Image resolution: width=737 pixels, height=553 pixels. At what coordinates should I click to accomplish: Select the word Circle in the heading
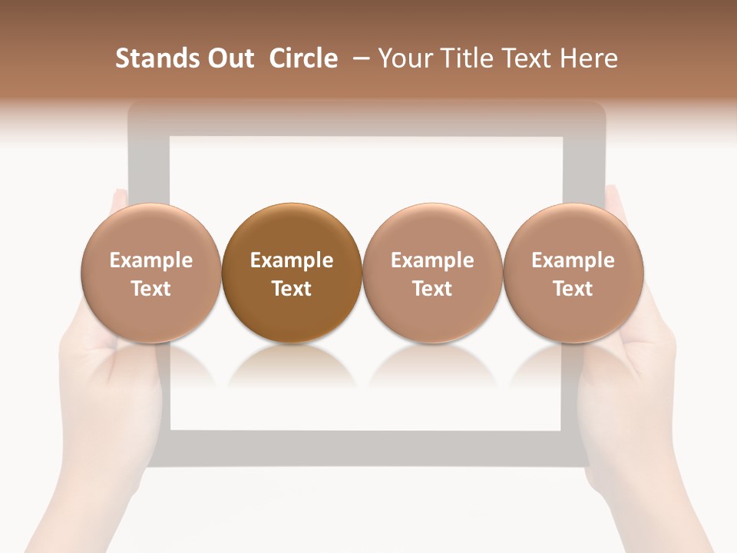point(303,58)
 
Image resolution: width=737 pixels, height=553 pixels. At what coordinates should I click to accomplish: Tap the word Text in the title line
point(522,58)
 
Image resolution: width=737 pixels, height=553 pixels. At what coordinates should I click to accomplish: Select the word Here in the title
point(590,58)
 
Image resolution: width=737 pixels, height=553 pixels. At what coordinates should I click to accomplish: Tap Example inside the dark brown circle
point(292,260)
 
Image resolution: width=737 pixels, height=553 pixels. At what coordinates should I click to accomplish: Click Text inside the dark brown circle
point(292,289)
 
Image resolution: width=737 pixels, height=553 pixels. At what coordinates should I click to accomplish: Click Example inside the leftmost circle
point(150,260)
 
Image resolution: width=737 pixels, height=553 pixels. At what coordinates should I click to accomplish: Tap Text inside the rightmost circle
point(573,289)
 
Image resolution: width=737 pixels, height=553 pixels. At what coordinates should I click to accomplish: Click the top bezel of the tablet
point(367,119)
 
